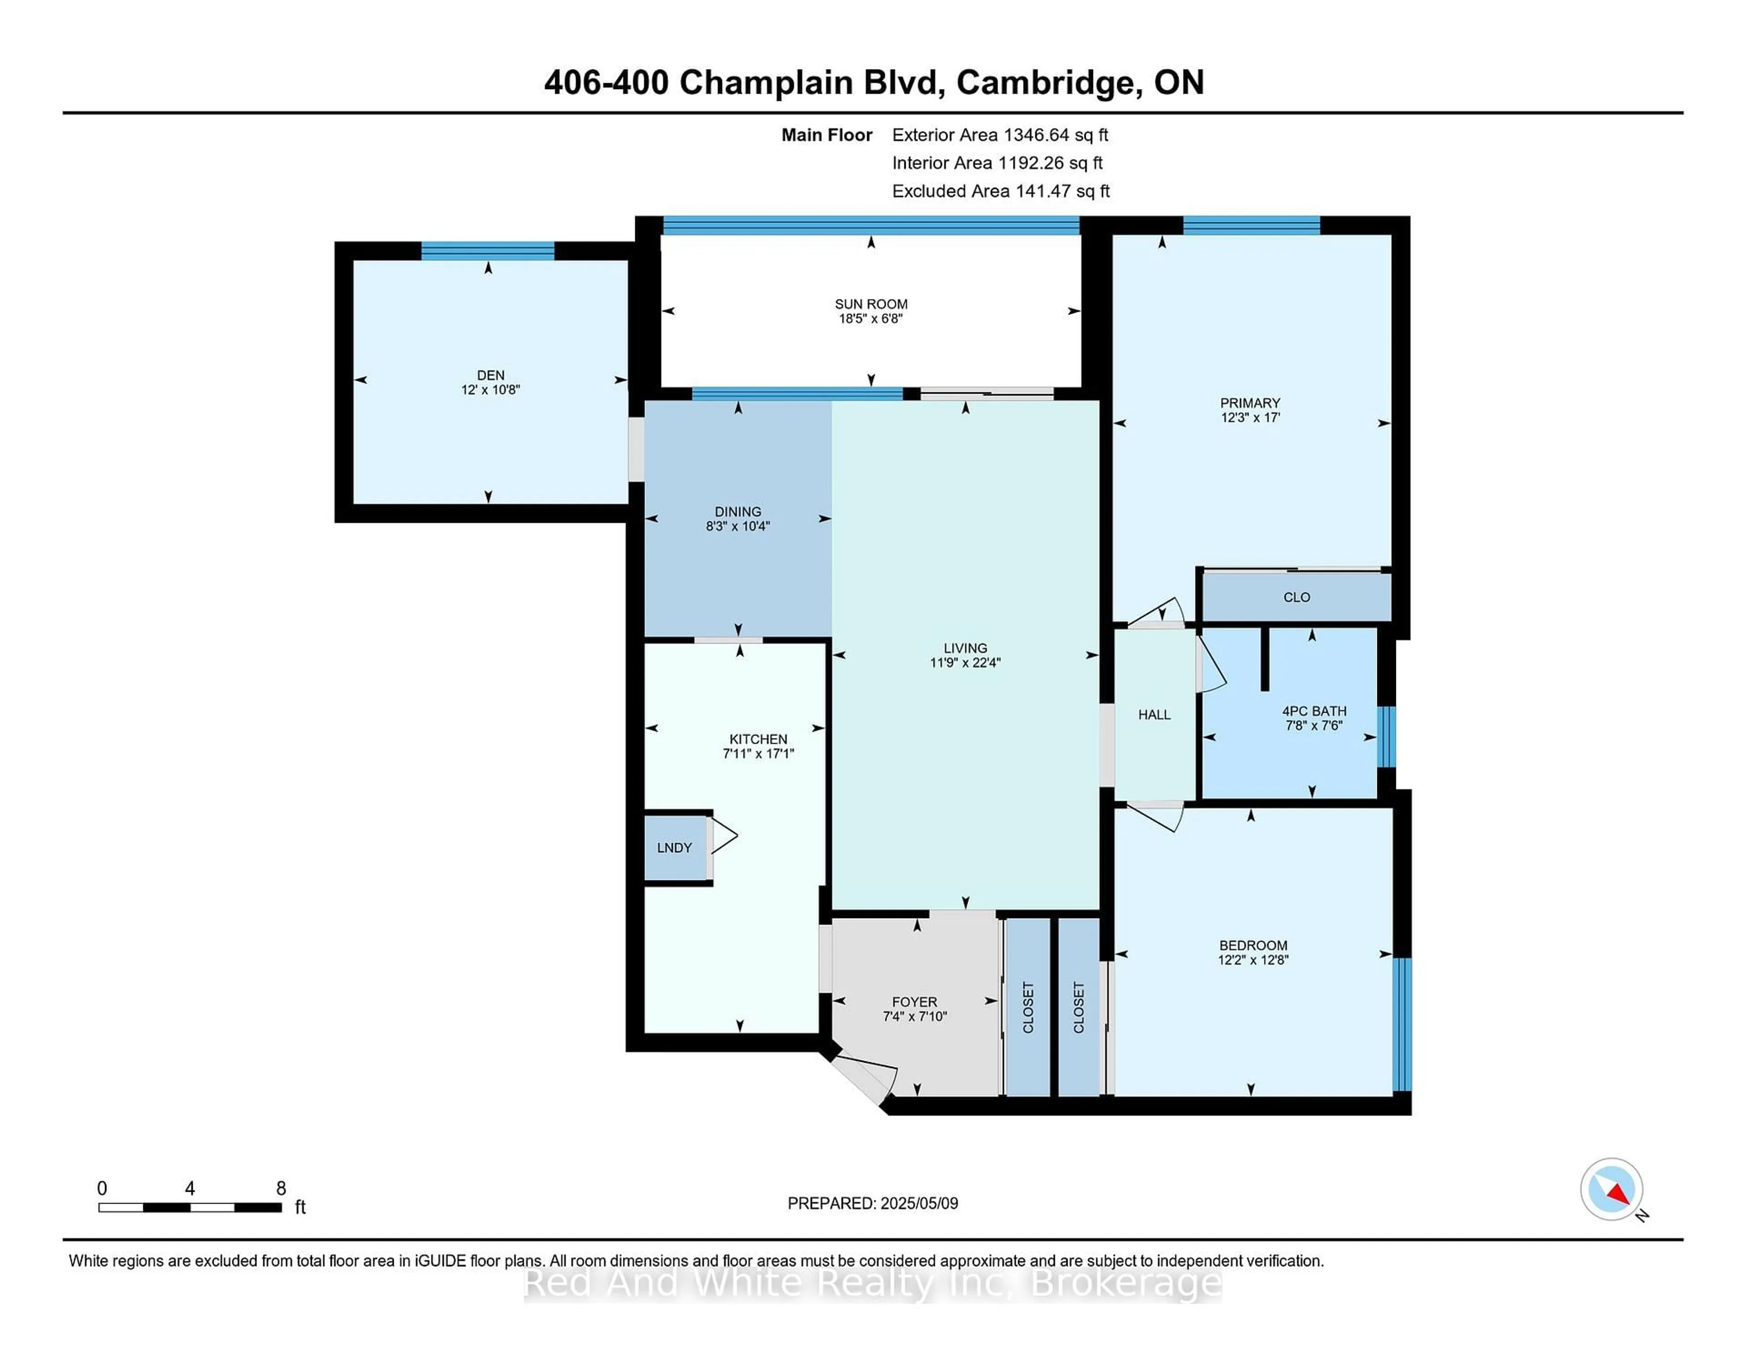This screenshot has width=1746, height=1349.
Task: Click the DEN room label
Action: coord(490,375)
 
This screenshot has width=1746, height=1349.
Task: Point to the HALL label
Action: coord(1154,714)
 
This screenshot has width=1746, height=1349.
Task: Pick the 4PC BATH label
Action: coord(1314,710)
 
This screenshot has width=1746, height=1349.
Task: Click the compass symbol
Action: coord(1611,1189)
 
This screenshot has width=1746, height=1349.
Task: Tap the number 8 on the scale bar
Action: coord(281,1189)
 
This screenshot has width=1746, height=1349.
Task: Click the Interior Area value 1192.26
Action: coord(1030,163)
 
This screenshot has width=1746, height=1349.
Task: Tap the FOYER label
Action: coord(914,1001)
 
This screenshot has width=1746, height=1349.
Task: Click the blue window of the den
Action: coord(488,251)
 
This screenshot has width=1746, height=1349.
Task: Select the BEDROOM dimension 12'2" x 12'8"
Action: coord(1253,960)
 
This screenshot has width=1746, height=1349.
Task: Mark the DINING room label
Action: coord(738,511)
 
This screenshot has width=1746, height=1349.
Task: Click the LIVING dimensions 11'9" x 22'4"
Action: coord(965,663)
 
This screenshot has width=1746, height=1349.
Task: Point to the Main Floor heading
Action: coord(827,135)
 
